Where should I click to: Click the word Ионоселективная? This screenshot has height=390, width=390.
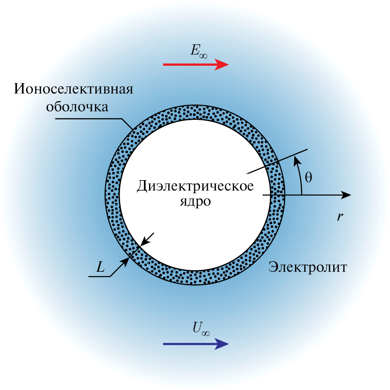point(74,90)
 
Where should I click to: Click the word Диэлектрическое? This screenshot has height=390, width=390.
point(195,187)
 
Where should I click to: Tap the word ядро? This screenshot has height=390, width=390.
point(195,202)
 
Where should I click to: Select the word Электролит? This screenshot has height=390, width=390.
point(308,267)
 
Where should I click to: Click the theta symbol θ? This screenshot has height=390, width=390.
point(308,177)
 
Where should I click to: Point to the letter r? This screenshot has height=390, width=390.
point(339,217)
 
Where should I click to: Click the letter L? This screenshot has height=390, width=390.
point(100,267)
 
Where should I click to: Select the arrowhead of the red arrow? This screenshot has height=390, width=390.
point(222,65)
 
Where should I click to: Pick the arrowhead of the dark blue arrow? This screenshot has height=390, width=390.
point(222,343)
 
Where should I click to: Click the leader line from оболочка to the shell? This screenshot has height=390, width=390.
point(93,119)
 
